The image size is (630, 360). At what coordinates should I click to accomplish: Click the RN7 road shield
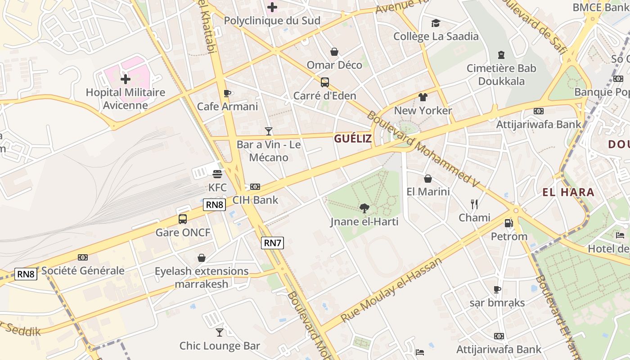click(x=273, y=243)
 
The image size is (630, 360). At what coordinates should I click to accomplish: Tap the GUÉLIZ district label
click(x=353, y=139)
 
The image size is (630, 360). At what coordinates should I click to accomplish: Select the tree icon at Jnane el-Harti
click(x=364, y=208)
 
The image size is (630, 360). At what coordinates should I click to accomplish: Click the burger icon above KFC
click(x=217, y=174)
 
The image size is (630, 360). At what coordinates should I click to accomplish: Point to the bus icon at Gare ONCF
click(x=183, y=219)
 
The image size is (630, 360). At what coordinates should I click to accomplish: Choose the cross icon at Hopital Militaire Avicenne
click(x=126, y=79)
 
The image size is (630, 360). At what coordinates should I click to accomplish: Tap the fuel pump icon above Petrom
click(x=508, y=223)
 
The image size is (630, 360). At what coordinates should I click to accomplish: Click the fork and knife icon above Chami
click(x=474, y=204)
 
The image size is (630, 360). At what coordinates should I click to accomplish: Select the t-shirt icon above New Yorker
click(x=423, y=97)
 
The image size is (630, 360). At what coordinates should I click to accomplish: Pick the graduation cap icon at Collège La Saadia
click(x=436, y=23)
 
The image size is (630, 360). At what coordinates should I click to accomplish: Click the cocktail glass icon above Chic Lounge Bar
click(x=220, y=332)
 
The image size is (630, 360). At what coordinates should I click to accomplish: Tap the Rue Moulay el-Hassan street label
click(x=391, y=290)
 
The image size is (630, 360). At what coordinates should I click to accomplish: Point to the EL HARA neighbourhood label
click(x=568, y=193)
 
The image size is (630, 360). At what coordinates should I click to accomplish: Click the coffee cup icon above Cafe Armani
click(x=227, y=93)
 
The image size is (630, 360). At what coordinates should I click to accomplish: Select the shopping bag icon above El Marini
click(x=428, y=179)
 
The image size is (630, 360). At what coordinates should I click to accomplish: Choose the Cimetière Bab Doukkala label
click(x=501, y=75)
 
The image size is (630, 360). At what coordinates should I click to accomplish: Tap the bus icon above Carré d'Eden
click(x=325, y=82)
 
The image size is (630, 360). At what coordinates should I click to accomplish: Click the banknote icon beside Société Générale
click(x=83, y=257)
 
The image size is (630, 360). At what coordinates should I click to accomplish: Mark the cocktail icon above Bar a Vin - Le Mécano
click(x=269, y=131)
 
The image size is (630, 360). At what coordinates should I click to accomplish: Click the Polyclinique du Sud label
click(x=272, y=21)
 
